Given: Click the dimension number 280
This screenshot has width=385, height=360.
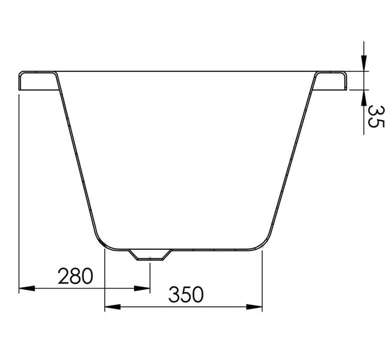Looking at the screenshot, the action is (x=75, y=276).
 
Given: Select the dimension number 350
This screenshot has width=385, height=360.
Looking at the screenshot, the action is (x=186, y=294).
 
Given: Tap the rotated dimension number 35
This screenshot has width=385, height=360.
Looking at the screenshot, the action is (x=375, y=116).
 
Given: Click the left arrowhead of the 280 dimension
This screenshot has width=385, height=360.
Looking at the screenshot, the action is (x=27, y=288).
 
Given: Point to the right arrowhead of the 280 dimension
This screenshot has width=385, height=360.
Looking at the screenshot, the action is (x=142, y=288).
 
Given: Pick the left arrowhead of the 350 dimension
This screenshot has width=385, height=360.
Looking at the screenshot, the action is (x=113, y=307).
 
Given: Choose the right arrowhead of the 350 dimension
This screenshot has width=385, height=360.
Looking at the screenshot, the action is (x=254, y=307).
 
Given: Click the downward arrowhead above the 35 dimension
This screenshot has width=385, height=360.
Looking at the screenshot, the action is (x=363, y=63).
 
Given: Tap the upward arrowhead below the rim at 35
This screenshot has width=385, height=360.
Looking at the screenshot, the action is (x=363, y=98).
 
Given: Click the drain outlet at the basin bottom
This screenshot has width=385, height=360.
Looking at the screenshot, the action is (x=150, y=255).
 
